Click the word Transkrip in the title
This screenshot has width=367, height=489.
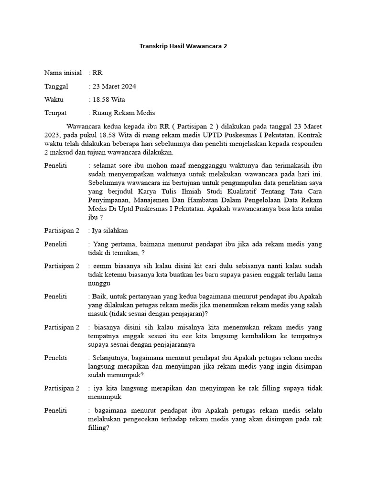(154, 46)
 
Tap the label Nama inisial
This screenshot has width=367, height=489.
(63, 73)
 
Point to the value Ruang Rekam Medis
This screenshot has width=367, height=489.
(124, 113)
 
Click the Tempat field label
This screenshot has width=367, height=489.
(55, 113)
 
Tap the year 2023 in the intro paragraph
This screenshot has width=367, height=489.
(53, 135)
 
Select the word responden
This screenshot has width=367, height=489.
(304, 144)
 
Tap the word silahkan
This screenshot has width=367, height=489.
(114, 231)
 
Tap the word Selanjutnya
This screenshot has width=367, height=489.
(111, 358)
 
